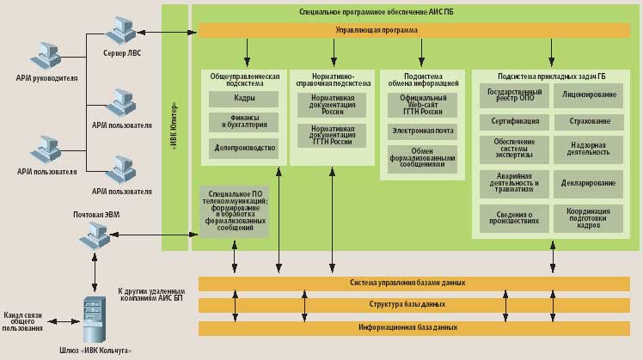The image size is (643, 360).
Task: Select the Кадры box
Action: coord(244,98)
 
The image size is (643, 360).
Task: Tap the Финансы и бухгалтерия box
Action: coord(244,122)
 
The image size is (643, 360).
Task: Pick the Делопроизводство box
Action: coord(244,148)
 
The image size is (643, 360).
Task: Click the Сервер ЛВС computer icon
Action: coord(121,27)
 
